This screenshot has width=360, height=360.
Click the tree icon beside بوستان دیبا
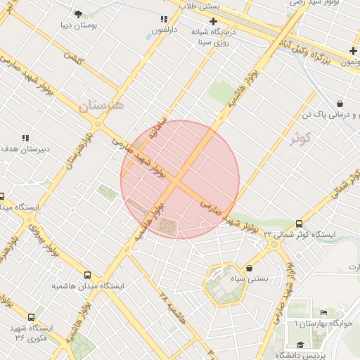pyautogui.click(x=77, y=13)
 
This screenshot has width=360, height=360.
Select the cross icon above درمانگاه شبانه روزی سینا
pyautogui.click(x=214, y=22)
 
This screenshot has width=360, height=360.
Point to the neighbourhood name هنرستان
pyautogui.click(x=101, y=105)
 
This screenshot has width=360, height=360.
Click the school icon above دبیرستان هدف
pyautogui.click(x=25, y=139)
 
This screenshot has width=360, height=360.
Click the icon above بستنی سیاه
pyautogui.click(x=251, y=268)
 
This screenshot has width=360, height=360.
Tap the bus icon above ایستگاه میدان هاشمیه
pyautogui.click(x=87, y=276)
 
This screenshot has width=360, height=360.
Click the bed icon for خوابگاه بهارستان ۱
pyautogui.click(x=323, y=312)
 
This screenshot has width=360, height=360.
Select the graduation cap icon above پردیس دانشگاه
pyautogui.click(x=301, y=345)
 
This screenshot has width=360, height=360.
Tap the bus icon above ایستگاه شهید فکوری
pyautogui.click(x=31, y=317)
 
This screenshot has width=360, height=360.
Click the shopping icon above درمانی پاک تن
pyautogui.click(x=340, y=103)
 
